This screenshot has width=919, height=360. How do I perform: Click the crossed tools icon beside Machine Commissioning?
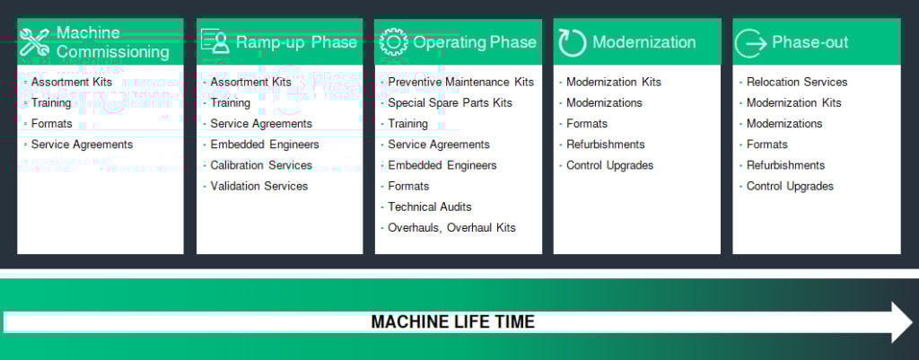[x=34, y=42]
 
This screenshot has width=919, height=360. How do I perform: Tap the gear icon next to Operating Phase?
[x=393, y=42]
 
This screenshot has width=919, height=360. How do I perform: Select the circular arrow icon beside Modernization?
[x=572, y=43]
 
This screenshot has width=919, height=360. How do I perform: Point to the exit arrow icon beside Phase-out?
[x=751, y=43]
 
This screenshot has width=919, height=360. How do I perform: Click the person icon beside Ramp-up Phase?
[x=215, y=41]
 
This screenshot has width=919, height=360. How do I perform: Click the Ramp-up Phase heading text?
[x=296, y=42]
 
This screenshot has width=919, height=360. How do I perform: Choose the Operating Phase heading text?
[x=474, y=42]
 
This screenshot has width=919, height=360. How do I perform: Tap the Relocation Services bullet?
[x=797, y=82]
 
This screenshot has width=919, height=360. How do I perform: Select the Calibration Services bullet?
[x=261, y=165]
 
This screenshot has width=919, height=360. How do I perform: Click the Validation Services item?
[x=259, y=186]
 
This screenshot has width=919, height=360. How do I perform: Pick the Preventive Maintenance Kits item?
[x=460, y=82]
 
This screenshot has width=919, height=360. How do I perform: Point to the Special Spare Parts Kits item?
[x=450, y=103]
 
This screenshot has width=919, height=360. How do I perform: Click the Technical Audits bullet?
[x=430, y=206]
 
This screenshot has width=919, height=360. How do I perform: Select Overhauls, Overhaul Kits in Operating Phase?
[x=451, y=227]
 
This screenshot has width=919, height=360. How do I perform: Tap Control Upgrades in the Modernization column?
[x=609, y=165]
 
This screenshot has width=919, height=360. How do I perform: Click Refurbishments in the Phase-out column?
[x=785, y=165]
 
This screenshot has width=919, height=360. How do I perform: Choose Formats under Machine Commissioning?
[x=51, y=124]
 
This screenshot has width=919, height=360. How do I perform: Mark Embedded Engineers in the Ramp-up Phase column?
[x=265, y=145]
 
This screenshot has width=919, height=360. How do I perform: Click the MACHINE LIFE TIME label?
[x=453, y=322]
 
